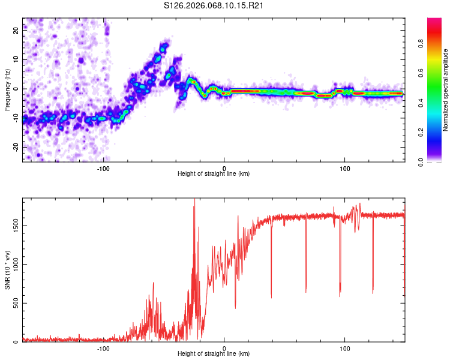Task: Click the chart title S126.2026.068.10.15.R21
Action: click(214, 5)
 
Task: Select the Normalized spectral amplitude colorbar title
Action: click(446, 90)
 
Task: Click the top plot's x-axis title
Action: click(214, 173)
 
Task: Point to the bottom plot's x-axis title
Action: click(214, 353)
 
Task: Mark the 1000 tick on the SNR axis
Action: click(13, 264)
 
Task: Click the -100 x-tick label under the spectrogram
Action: click(103, 167)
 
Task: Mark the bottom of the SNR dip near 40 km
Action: click(271, 298)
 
